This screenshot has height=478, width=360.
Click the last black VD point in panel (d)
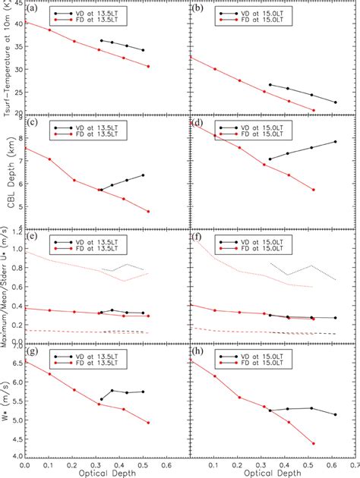pos(336,142)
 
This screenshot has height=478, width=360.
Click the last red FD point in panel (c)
pos(148,211)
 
